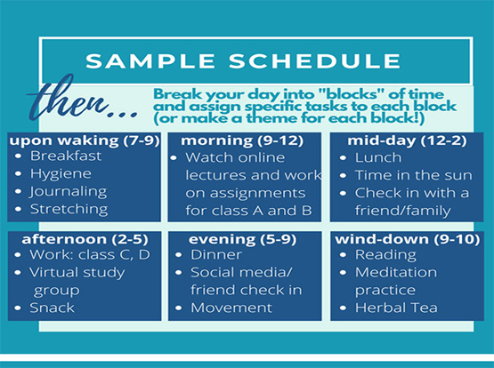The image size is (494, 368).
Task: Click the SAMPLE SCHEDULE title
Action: pos(243,61)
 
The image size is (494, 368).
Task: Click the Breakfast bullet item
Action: pos(66,156)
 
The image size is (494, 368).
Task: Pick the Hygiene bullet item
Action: pos(61,173)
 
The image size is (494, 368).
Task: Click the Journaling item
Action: pos(69,191)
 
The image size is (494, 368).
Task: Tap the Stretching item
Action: pos(69,210)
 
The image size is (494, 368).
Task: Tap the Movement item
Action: pos(231,308)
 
